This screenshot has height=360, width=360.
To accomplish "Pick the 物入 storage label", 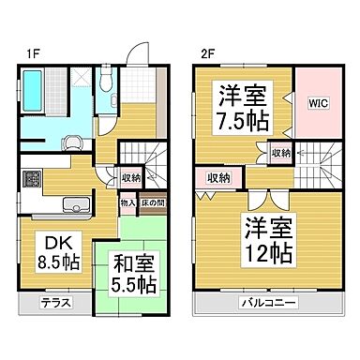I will coord(127,200).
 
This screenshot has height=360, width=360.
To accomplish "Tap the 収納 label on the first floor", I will coord(130,176).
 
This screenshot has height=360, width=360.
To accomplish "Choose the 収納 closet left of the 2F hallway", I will coord(219,177).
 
